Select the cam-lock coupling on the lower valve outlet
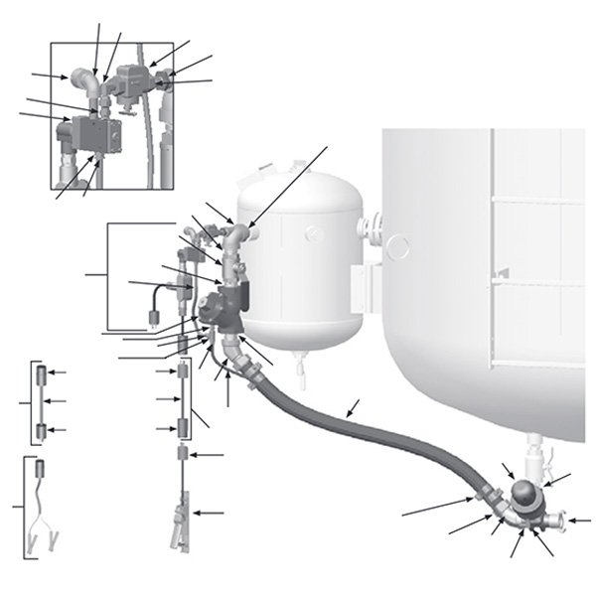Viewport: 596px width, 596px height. [x=556, y=519]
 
